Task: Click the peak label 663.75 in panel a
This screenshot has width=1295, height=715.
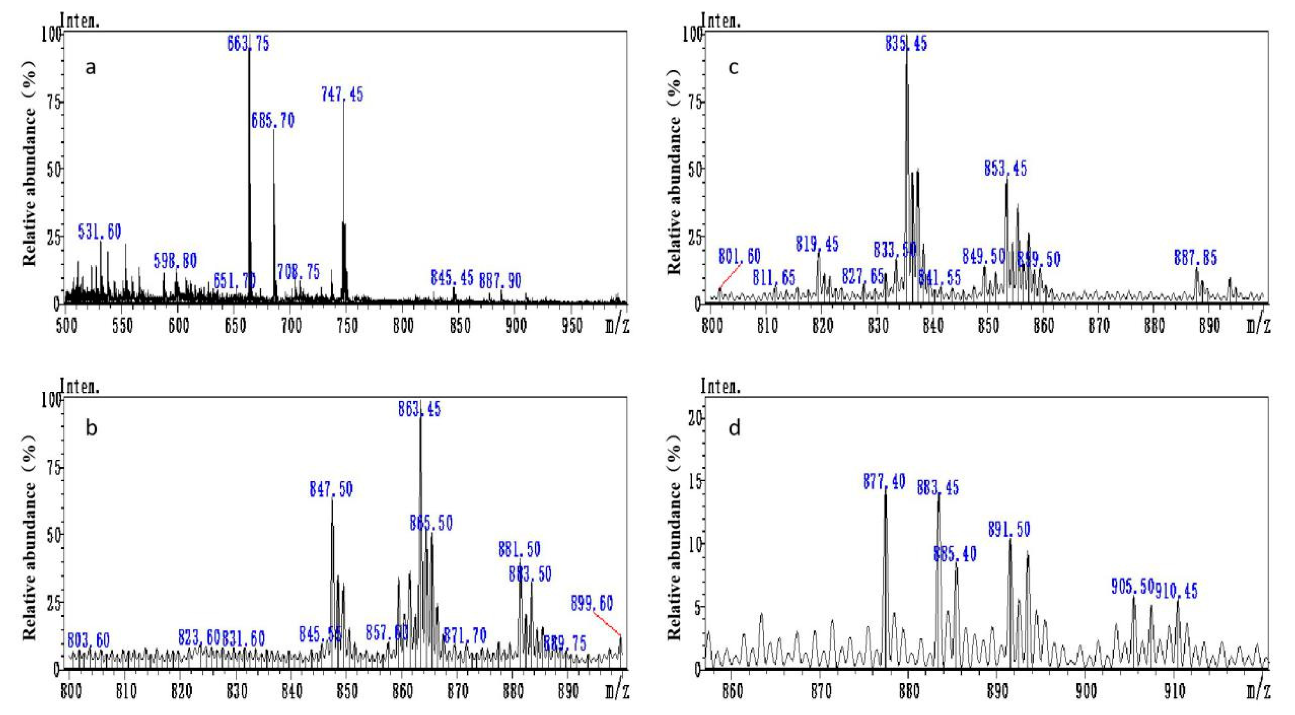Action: point(248,44)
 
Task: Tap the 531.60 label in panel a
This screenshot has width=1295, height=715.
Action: point(100,232)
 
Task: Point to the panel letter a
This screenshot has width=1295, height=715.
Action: point(90,67)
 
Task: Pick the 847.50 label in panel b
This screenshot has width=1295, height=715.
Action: point(331,489)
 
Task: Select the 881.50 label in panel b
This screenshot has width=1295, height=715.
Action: point(519,549)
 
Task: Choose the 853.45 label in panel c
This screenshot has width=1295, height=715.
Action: point(1005,168)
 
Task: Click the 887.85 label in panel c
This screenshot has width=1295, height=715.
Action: point(1195,258)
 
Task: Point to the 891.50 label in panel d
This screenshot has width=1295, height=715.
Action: point(1009,529)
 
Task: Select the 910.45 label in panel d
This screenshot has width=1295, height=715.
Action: point(1176,591)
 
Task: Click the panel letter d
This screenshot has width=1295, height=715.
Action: point(734,428)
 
